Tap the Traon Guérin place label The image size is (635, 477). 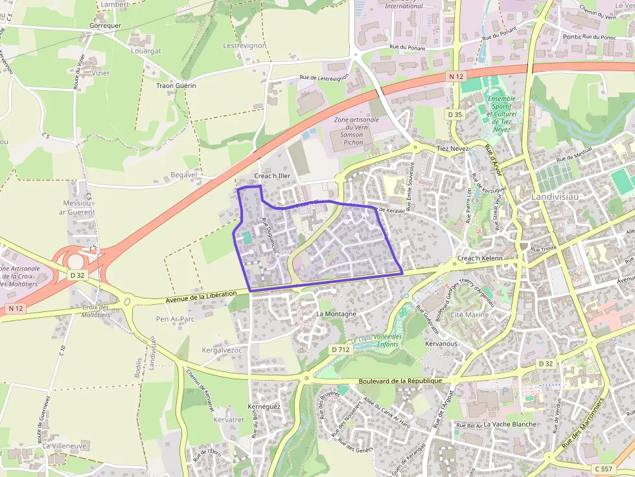point(176,85)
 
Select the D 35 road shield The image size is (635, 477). point(455,114)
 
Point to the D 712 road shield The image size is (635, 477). point(340,349)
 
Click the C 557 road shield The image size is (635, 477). point(603,469)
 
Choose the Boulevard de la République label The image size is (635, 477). point(399,381)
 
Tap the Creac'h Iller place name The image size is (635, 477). point(272,176)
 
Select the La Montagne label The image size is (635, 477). point(336,314)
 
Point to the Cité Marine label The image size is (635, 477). point(469,315)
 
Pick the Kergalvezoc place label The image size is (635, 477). point(222,350)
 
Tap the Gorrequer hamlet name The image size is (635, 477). point(105,26)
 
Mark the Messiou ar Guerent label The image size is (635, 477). point(76,207)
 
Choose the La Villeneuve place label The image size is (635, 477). point(64,447)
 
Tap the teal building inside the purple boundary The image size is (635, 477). point(248,238)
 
